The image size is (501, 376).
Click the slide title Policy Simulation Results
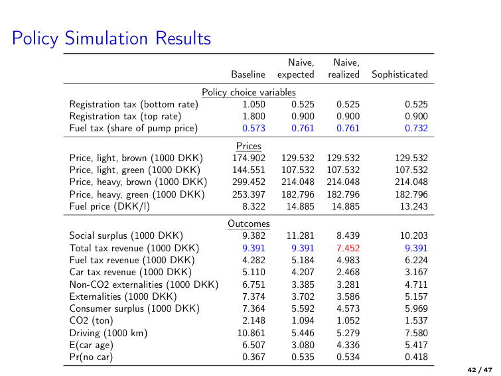(111, 38)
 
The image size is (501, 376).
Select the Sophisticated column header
(399, 74)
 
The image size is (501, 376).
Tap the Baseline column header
(248, 74)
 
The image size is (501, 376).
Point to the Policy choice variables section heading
(249, 92)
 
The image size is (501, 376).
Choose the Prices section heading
(249, 146)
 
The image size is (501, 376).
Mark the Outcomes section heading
(249, 223)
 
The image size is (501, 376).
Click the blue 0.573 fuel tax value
(253, 128)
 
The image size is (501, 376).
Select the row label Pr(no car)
(91, 357)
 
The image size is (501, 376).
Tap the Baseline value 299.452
(249, 182)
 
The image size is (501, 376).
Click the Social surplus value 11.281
(300, 235)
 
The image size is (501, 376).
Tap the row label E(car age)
(92, 345)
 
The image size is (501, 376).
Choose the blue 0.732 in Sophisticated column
(416, 128)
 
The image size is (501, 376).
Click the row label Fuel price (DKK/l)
(109, 206)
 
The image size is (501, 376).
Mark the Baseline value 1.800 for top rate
(253, 116)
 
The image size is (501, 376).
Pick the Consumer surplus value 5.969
(416, 308)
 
